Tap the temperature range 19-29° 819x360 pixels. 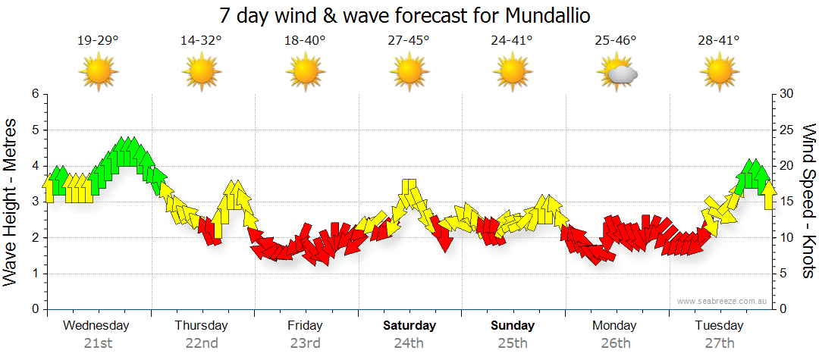click(98, 41)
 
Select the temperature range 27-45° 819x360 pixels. click(409, 41)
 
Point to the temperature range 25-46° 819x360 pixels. click(616, 41)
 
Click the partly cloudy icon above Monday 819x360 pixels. click(616, 74)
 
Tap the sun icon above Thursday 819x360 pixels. click(202, 74)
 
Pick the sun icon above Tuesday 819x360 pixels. click(720, 74)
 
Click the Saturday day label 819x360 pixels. click(409, 326)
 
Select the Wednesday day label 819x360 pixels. click(96, 326)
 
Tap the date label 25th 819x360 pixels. click(513, 343)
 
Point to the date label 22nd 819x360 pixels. click(202, 343)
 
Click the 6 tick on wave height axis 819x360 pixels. click(35, 94)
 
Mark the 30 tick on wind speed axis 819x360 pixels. click(786, 94)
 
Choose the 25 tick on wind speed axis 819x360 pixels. click(786, 130)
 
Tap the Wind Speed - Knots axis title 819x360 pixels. click(808, 201)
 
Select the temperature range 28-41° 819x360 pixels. click(720, 41)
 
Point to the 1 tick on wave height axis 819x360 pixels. click(35, 274)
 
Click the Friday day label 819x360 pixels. click(305, 326)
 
